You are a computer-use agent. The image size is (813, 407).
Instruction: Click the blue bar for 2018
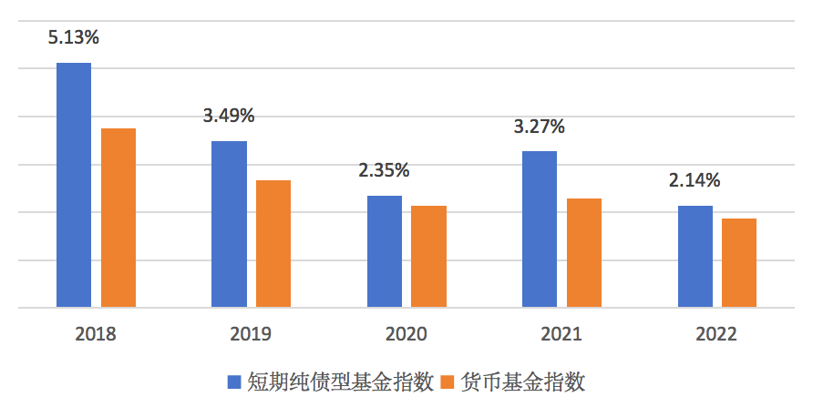coord(74,185)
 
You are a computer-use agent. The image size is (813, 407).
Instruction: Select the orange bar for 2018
coord(118,218)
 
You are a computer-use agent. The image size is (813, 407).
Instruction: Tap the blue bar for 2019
coord(229,224)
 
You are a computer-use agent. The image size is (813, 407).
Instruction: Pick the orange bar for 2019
coord(273,244)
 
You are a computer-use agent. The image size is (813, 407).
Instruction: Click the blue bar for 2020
coord(385,251)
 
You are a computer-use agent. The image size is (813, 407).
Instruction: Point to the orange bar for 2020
coord(428,257)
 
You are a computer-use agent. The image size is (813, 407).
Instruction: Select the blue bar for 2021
coord(540,229)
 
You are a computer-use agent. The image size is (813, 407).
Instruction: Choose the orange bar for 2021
coord(584,253)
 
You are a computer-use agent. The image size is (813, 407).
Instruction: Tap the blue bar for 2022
coord(695,257)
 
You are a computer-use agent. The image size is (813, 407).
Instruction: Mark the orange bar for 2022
coord(739,263)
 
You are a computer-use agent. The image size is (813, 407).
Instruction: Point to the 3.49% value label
coord(229,116)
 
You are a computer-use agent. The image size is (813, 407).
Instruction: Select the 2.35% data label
coord(384,170)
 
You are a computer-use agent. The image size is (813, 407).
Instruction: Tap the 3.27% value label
coord(539,127)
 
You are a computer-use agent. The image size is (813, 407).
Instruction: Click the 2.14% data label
coord(695,180)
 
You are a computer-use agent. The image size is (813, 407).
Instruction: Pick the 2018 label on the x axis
coord(96,334)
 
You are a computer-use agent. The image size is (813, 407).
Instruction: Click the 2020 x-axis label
coord(406,334)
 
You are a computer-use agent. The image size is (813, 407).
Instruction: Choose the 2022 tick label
coord(716,334)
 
